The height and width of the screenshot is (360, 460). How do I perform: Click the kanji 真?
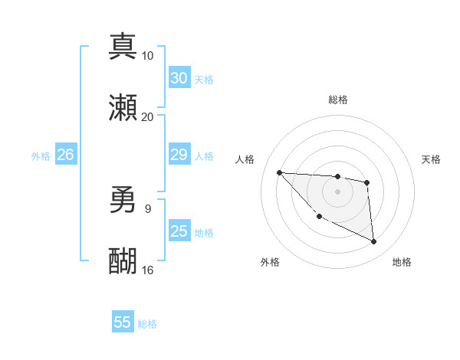(x=123, y=45)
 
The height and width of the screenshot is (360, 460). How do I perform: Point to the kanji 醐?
(x=123, y=261)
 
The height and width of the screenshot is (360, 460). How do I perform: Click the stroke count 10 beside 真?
(x=147, y=55)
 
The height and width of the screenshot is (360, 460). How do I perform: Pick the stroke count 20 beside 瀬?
(x=147, y=117)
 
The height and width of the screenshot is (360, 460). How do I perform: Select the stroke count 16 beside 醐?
(x=147, y=270)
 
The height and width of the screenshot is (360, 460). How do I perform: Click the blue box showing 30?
(x=179, y=78)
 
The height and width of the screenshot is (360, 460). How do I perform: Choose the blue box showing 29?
(x=179, y=155)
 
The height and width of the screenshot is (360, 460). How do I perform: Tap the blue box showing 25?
(x=179, y=231)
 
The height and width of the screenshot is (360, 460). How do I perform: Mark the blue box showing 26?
(x=65, y=155)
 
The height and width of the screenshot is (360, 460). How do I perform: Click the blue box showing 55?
(x=123, y=322)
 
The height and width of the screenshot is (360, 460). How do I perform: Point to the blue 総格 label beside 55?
(x=147, y=324)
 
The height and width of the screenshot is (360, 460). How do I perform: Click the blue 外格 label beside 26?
(x=41, y=156)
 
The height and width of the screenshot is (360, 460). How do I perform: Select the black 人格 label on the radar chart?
(x=246, y=159)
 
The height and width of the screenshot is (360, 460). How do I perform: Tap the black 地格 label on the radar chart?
(x=402, y=262)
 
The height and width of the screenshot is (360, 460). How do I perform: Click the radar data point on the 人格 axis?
(x=279, y=172)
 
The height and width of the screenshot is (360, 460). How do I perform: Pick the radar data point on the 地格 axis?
(x=374, y=242)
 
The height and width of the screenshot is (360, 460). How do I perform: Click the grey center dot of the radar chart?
(x=337, y=191)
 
